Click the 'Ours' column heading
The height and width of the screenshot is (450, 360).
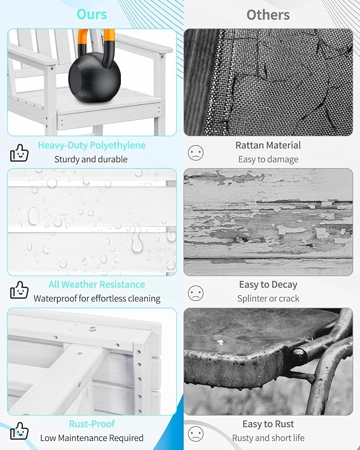click(92, 14)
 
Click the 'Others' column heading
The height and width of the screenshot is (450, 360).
click(268, 15)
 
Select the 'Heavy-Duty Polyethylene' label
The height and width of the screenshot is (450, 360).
click(92, 145)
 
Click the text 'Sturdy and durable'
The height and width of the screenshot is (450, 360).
click(91, 160)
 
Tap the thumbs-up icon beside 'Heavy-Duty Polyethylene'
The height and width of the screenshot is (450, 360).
click(19, 153)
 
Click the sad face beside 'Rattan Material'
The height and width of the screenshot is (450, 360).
click(196, 153)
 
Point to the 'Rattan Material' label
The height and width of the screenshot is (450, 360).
click(268, 145)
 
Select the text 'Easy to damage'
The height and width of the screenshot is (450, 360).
click(268, 160)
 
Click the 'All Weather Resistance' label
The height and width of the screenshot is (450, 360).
click(96, 285)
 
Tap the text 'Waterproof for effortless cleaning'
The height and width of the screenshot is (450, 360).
click(97, 298)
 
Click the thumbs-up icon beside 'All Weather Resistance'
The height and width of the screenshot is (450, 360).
click(19, 290)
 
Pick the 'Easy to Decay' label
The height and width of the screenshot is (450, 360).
click(268, 285)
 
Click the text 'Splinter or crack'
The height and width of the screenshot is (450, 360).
click(268, 298)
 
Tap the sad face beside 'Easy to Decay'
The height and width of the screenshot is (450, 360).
click(196, 293)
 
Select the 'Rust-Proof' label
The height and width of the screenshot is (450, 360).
click(92, 424)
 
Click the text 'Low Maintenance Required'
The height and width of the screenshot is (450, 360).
click(92, 438)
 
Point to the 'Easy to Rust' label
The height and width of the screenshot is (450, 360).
click(268, 424)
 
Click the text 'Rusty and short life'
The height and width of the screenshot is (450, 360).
click(268, 438)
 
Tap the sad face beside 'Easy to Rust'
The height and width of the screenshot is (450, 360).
click(196, 434)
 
